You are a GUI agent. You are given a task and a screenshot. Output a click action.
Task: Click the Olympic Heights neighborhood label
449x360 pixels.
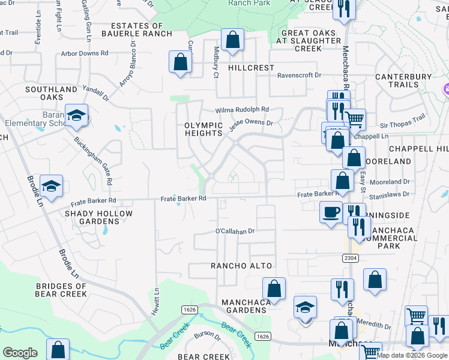pos(203,129)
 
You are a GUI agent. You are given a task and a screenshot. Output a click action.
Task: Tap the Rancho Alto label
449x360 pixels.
pos(241,266)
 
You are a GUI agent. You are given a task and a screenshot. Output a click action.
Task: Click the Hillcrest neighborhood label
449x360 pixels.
pos(251,68)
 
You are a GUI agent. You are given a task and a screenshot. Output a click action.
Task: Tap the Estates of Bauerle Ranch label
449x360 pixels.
pos(137,30)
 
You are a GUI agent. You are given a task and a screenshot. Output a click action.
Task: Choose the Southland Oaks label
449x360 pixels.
pos(51,93)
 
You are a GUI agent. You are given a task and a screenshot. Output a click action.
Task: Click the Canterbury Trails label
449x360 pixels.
pos(403,81)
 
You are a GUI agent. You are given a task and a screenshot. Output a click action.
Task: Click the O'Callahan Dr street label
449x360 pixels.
pos(236,231)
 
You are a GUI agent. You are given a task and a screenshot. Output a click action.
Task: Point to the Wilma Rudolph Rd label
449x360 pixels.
pos(243,110)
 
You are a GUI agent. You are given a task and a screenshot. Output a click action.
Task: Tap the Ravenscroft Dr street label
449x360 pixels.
pos(299,76)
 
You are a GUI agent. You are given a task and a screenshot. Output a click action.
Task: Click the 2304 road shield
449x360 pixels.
pos(351,258)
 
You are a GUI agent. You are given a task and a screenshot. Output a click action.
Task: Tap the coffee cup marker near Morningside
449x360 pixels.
pos(330,211)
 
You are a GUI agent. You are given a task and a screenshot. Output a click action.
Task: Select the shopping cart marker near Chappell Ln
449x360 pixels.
pos(355,119)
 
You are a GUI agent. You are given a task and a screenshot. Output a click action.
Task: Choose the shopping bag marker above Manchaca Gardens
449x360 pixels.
pos(274,288)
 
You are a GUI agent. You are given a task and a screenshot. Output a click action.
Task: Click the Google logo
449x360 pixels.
pos(20,353)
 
